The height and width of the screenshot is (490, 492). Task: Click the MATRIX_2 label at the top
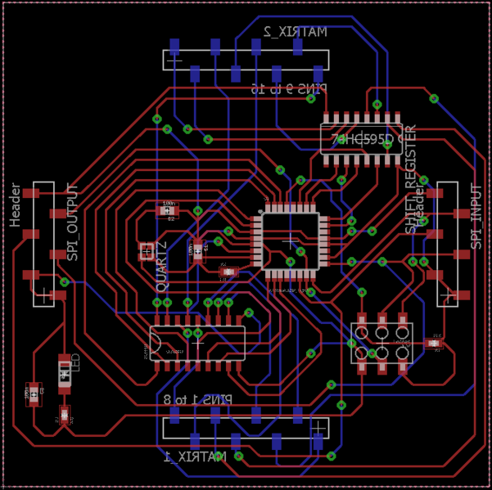click(295, 32)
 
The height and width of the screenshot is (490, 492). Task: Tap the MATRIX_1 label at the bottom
click(195, 456)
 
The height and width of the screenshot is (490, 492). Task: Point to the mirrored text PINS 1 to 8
click(197, 400)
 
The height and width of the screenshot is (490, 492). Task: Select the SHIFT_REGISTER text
click(412, 179)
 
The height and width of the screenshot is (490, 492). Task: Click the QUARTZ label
click(161, 267)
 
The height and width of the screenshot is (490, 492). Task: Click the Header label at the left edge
click(15, 205)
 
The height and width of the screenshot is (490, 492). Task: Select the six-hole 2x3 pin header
click(381, 343)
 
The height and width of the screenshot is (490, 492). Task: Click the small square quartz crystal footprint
click(147, 249)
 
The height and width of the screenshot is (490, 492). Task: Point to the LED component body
click(65, 371)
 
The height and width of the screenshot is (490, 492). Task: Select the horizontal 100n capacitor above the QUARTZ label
click(168, 210)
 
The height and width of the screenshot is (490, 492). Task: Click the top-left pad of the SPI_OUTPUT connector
click(30, 194)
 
